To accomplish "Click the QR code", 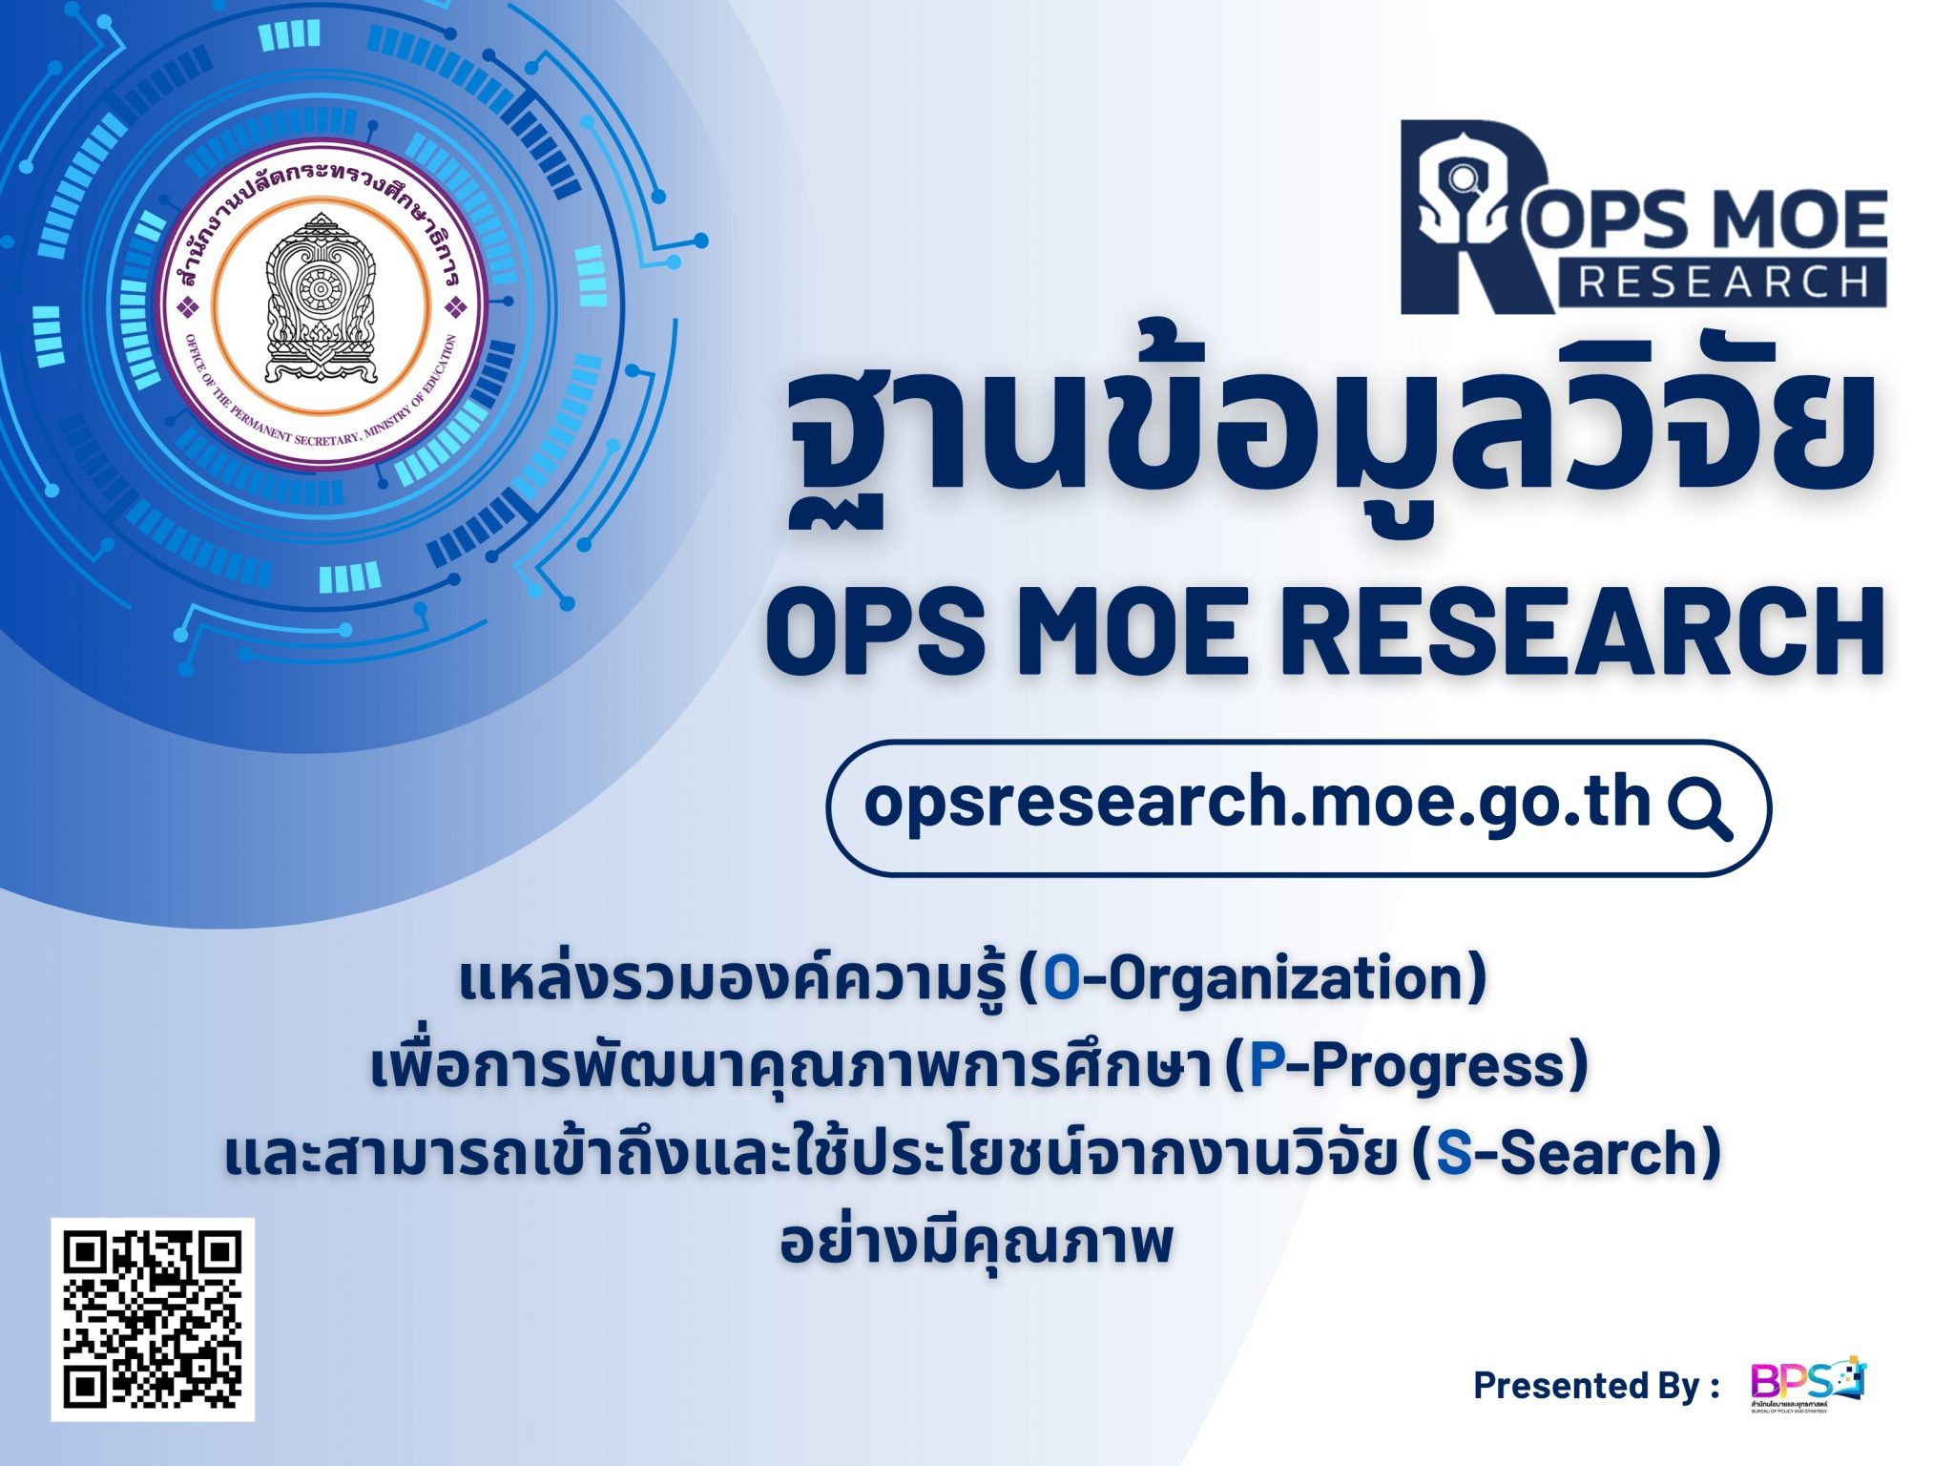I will tap(153, 1319).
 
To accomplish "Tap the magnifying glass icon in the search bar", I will tap(1699, 809).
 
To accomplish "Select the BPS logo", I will tap(1807, 1382).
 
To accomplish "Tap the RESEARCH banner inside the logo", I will tap(1722, 283).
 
